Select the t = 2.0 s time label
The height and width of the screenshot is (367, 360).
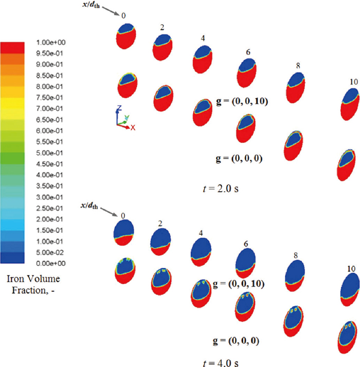pos(220,188)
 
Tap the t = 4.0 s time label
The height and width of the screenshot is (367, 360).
pos(220,362)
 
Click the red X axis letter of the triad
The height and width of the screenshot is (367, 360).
pos(133,127)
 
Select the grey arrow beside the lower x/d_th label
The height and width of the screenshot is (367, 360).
pos(110,210)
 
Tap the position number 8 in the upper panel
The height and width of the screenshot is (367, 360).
pos(298,65)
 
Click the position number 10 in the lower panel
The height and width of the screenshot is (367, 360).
pos(351,268)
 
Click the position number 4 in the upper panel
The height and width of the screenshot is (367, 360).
pos(203,38)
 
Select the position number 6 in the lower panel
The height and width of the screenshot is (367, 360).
pos(246,244)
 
